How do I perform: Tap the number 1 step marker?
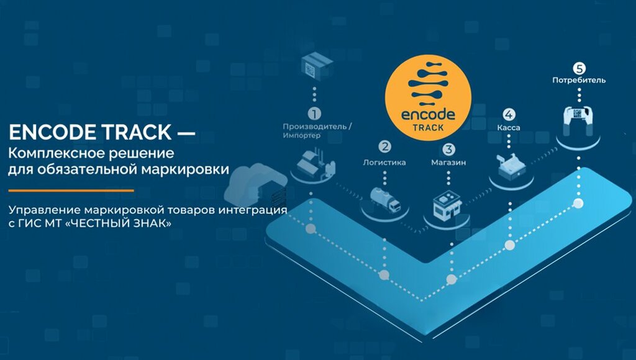315,114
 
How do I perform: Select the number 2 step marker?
385,147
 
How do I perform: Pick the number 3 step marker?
448,149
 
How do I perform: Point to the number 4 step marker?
509,114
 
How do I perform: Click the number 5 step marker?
579,68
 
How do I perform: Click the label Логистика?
384,163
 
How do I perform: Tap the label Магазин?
448,163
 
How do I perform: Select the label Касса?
509,128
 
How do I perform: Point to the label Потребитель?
579,80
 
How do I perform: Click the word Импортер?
302,135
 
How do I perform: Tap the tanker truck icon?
385,198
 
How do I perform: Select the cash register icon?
510,164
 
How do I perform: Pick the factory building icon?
314,162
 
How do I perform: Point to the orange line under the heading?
71,190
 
